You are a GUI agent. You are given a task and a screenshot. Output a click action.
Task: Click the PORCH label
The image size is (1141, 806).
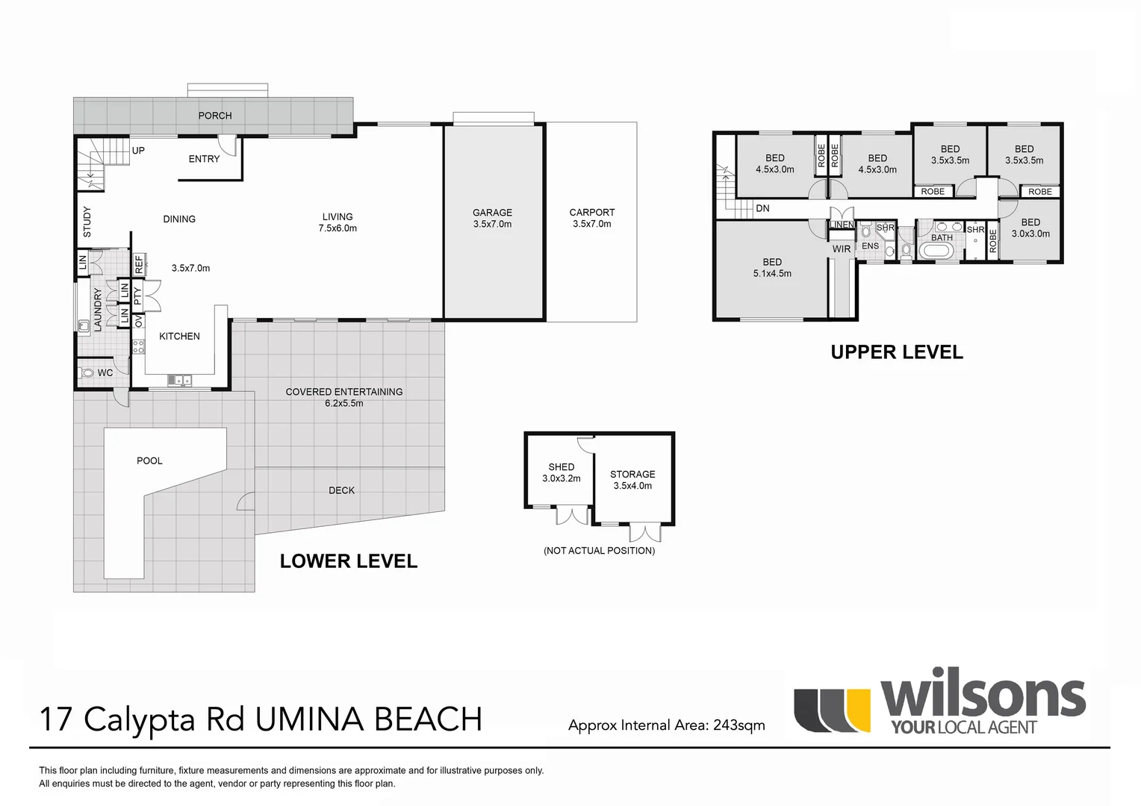tap(214, 116)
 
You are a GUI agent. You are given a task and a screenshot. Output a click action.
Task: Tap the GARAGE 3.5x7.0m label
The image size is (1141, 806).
tap(492, 218)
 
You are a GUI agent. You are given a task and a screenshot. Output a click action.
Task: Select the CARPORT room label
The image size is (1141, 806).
tap(591, 213)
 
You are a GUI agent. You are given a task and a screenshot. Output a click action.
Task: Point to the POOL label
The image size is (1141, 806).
tap(149, 460)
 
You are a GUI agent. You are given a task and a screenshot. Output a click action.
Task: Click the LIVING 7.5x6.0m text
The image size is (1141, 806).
tap(338, 222)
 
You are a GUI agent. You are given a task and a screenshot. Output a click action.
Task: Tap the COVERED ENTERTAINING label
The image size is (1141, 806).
tap(343, 392)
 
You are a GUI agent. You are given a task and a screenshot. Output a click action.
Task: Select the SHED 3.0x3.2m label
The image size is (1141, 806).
tap(561, 472)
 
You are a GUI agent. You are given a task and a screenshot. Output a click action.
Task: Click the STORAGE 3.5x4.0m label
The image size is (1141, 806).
tap(632, 479)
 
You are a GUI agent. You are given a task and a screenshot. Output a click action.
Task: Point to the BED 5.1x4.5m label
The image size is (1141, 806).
tap(772, 267)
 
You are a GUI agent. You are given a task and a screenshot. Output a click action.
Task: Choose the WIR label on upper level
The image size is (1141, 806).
tap(842, 249)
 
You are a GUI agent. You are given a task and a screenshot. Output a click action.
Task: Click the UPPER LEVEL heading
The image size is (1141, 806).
tap(896, 352)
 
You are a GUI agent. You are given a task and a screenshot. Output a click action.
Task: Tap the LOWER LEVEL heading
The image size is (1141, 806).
tap(348, 561)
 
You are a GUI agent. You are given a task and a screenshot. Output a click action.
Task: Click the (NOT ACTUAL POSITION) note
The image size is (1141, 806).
tap(599, 551)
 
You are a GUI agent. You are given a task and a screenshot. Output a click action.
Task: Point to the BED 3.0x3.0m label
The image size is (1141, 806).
tap(1030, 228)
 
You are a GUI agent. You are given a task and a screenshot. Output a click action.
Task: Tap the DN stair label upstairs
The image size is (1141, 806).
tap(762, 208)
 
